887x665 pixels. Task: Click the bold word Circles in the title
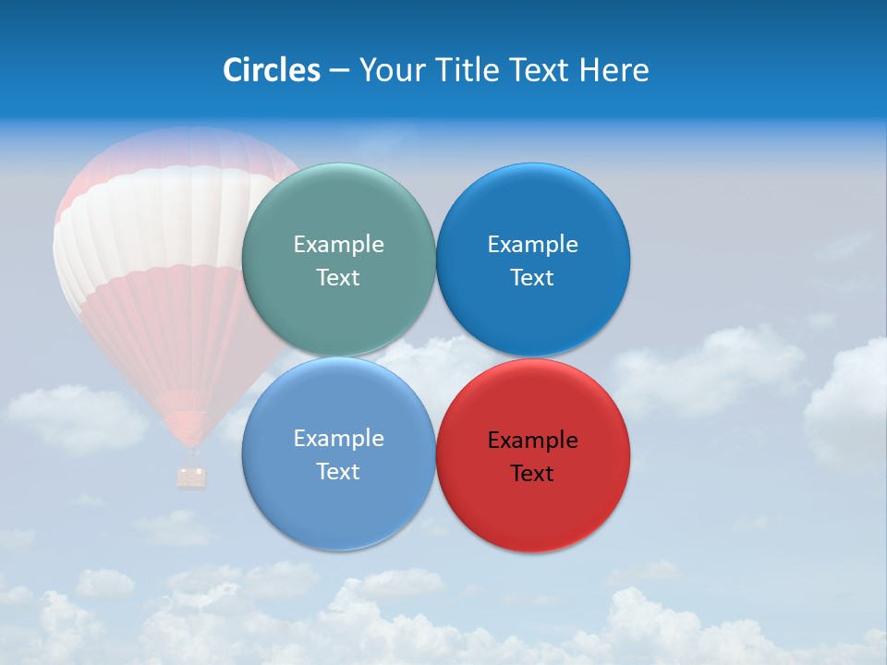coord(271,70)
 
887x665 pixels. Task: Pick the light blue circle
coord(338,503)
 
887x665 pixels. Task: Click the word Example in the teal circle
coord(338,245)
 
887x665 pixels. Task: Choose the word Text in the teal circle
coord(338,278)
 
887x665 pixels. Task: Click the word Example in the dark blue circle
coord(532,245)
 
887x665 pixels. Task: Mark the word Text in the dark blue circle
coord(532,278)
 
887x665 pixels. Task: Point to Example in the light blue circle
coord(338,439)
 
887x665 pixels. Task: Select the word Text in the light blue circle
coord(338,472)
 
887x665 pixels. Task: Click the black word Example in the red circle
coord(532,441)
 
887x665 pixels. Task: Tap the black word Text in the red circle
coord(532,474)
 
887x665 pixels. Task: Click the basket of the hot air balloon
coord(192,477)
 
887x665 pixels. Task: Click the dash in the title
coord(339,71)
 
